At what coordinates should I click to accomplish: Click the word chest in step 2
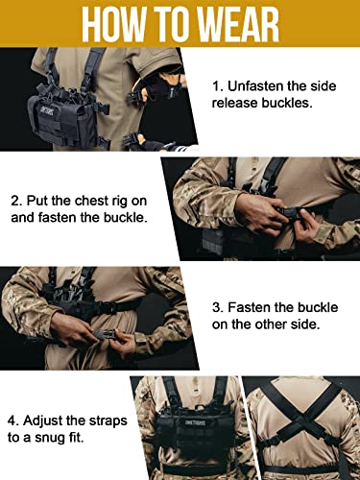click(98, 202)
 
